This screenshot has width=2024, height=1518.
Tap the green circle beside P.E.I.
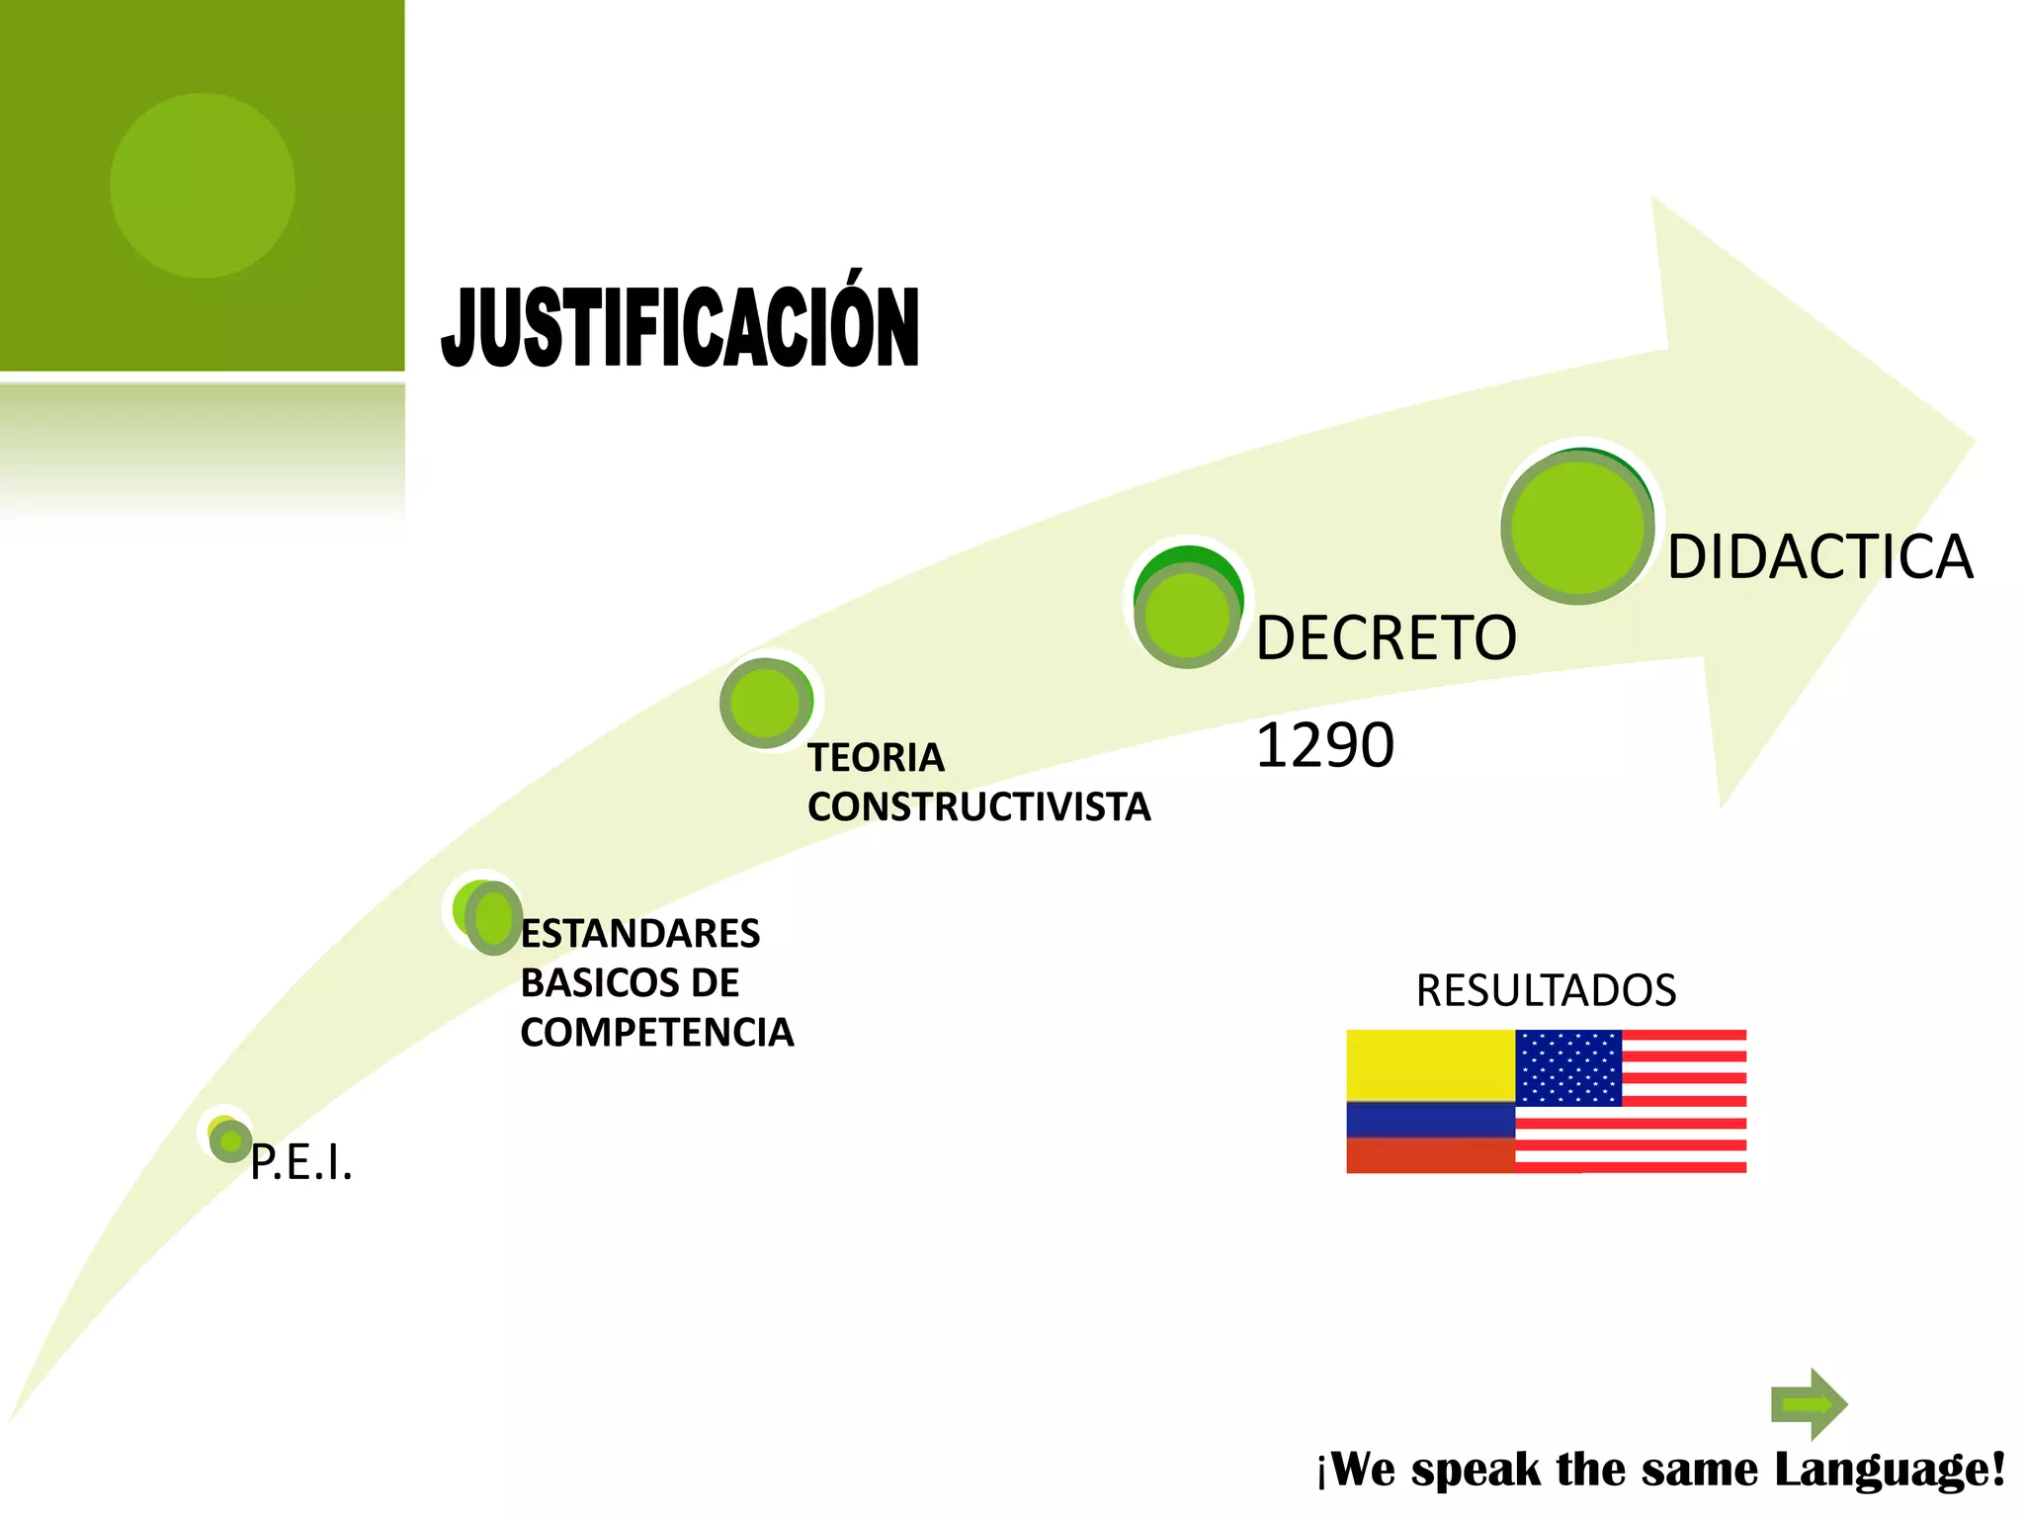pos(229,1140)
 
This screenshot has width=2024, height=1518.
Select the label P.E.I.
pos(301,1162)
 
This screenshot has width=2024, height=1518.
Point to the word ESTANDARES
pos(640,934)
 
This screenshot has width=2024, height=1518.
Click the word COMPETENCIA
pos(657,1033)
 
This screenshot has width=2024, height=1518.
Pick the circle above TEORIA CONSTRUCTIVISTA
pos(767,703)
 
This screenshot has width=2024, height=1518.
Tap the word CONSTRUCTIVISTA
pos(978,807)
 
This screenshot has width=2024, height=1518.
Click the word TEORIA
pos(876,758)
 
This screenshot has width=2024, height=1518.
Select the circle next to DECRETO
pos(1187,612)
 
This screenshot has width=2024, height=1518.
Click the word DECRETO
pos(1386,637)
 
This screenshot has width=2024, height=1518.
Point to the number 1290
pos(1324,745)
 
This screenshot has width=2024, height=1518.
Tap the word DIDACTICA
pos(1819,556)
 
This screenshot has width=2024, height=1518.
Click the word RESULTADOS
pos(1546,990)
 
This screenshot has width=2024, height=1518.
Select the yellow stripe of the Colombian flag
pos(1429,1065)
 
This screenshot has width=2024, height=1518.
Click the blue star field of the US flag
pos(1568,1067)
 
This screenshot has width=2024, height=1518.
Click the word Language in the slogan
pos(1890,1470)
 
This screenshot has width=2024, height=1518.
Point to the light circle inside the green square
pos(203,186)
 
